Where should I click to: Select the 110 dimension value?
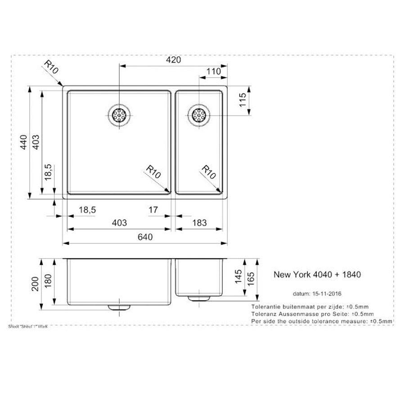[214, 71]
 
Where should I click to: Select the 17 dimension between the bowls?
[153, 210]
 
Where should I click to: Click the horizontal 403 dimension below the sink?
[120, 223]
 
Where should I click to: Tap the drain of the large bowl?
[119, 115]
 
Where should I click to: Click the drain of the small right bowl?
[198, 115]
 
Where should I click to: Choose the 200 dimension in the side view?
[34, 284]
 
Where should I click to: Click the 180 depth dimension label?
[48, 281]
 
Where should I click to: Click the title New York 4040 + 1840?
[317, 274]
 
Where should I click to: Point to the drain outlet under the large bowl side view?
[119, 307]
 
